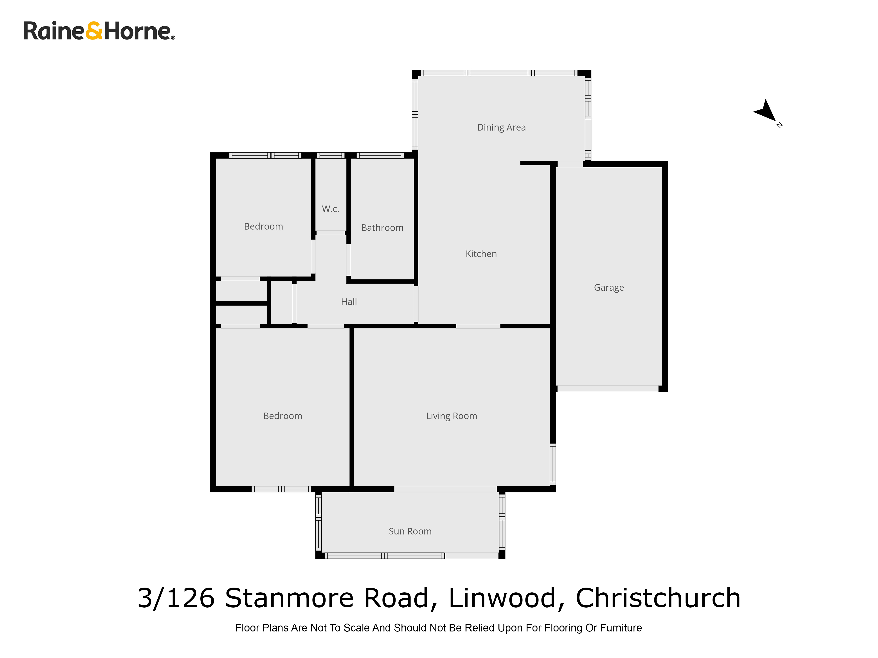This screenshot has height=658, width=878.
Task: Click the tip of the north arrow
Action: click(x=775, y=121)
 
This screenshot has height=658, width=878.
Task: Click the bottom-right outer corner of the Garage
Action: click(x=668, y=392)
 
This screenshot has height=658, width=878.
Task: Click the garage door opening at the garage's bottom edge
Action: click(x=608, y=389)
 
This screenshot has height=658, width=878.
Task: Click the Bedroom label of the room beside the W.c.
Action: click(x=264, y=227)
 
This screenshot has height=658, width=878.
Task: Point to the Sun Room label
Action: click(x=410, y=531)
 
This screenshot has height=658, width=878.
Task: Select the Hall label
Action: click(x=349, y=302)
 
